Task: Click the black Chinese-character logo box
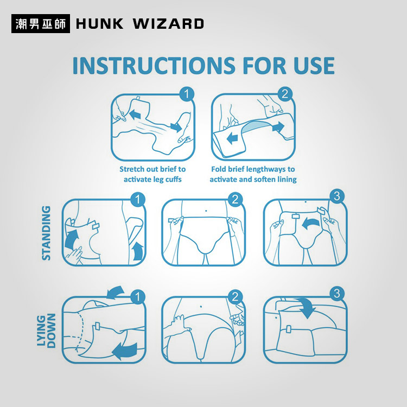[41, 24]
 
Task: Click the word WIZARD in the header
[168, 24]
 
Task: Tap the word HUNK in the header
[100, 24]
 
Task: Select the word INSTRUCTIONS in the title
[154, 66]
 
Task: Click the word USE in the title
[314, 66]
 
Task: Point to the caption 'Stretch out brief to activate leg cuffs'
[152, 174]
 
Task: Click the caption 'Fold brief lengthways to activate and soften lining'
[253, 174]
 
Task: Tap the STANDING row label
[46, 233]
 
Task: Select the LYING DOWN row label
[46, 330]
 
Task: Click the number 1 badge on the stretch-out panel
[187, 94]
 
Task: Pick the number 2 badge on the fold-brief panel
[285, 94]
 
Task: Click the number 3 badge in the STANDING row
[337, 196]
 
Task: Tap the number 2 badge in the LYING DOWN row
[235, 297]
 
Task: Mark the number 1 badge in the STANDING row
[138, 200]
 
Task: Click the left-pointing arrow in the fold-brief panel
[232, 138]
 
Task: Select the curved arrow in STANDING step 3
[310, 222]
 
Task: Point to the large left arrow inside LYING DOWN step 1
[125, 351]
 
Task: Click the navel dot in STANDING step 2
[206, 211]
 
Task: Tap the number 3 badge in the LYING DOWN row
[337, 294]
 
